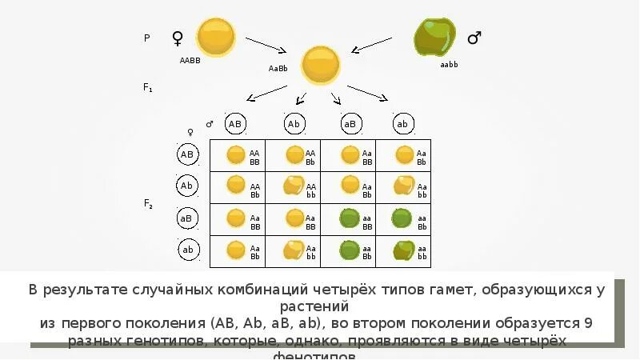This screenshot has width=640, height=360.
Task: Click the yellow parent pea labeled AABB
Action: click(x=216, y=37)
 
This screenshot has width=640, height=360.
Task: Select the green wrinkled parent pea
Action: click(x=434, y=37)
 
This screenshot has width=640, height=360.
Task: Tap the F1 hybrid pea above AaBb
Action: click(x=320, y=63)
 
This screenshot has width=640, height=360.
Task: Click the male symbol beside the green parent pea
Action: click(x=474, y=38)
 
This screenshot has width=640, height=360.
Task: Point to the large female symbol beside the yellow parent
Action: click(x=178, y=38)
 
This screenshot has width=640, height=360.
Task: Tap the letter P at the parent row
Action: click(x=146, y=38)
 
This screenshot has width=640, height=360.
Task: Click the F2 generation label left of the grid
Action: click(x=148, y=204)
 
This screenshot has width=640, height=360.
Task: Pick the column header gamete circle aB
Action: click(x=350, y=124)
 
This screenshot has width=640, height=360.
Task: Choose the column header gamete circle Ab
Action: click(x=294, y=124)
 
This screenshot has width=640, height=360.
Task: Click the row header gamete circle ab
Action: click(x=188, y=250)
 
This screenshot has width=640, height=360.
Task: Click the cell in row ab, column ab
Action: click(x=403, y=251)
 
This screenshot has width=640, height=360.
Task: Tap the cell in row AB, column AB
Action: click(x=238, y=155)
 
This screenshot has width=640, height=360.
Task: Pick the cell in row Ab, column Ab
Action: click(x=293, y=187)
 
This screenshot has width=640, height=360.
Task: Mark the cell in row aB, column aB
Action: click(x=348, y=219)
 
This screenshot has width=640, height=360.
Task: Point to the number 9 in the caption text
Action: click(x=588, y=324)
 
